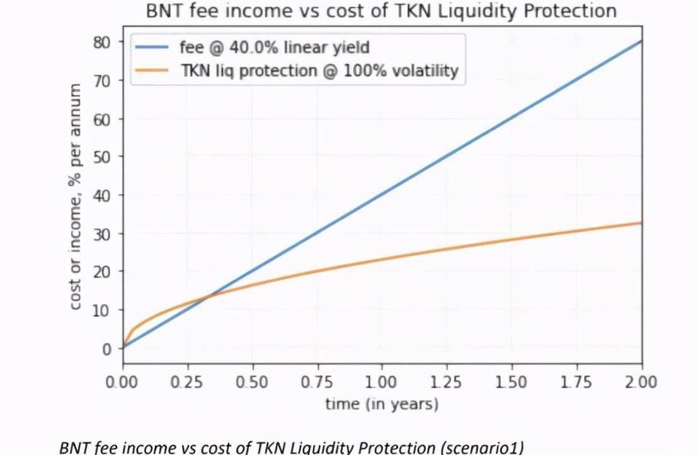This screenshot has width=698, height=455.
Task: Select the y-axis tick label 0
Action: point(106,348)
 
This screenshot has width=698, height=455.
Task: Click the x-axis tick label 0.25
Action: point(187,383)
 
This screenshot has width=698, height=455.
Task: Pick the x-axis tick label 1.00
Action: point(382,383)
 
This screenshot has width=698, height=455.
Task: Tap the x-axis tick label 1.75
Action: point(576,383)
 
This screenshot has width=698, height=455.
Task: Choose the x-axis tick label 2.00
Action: point(641,383)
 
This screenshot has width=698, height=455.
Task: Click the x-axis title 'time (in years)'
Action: point(382,403)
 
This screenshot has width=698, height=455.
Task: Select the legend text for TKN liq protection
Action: point(319,71)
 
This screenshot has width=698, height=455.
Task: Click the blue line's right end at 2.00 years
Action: point(641,41)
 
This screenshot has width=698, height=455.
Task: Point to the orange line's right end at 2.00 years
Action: point(641,222)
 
